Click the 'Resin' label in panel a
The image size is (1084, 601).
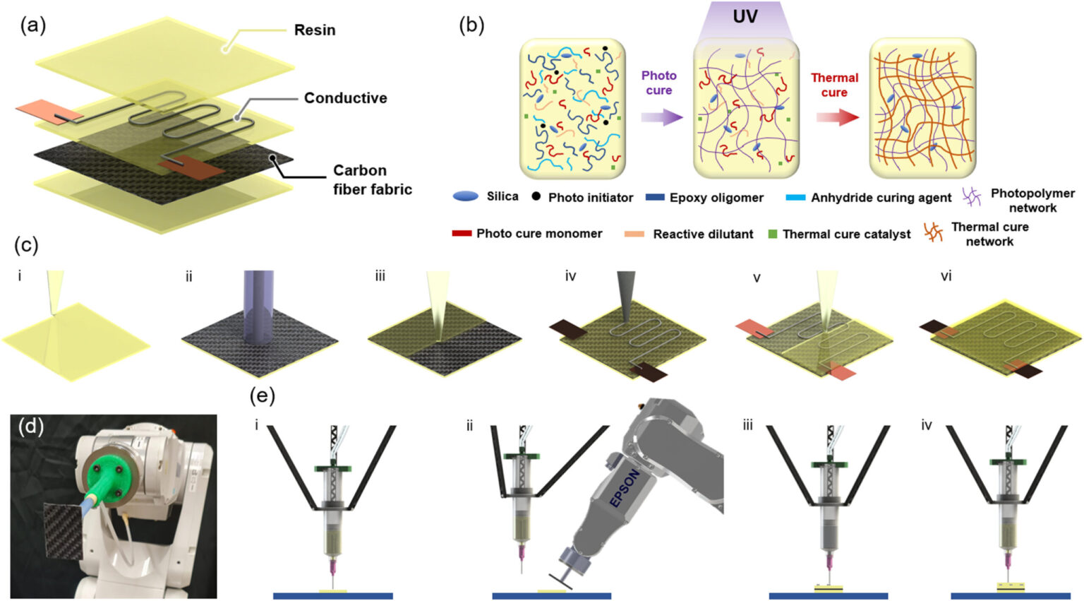pyautogui.click(x=314, y=30)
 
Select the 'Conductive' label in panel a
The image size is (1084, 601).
pyautogui.click(x=345, y=98)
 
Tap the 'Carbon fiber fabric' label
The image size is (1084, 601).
pyautogui.click(x=372, y=180)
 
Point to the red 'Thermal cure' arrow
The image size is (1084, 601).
pyautogui.click(x=837, y=117)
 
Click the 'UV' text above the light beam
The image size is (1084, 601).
pyautogui.click(x=745, y=16)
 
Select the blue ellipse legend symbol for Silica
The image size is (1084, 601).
pyautogui.click(x=465, y=197)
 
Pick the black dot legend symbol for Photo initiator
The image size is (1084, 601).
pyautogui.click(x=536, y=196)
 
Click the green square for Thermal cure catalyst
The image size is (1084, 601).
pyautogui.click(x=772, y=234)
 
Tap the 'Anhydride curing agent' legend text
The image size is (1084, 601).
pyautogui.click(x=881, y=198)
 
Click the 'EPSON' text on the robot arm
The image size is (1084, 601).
pyautogui.click(x=624, y=488)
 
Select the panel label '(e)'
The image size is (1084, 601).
pyautogui.click(x=262, y=396)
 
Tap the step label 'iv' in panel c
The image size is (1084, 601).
pyautogui.click(x=570, y=276)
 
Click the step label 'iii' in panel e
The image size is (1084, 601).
pyautogui.click(x=747, y=425)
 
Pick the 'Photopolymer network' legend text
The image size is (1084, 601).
pyautogui.click(x=1032, y=201)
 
